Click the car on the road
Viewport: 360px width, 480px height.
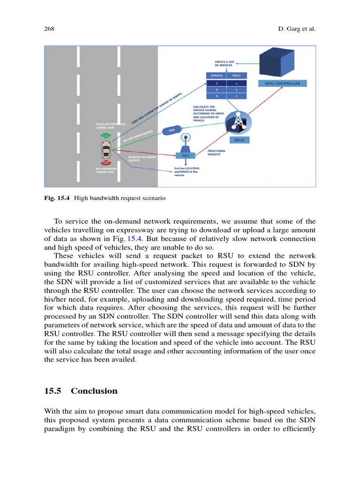click(x=106, y=151)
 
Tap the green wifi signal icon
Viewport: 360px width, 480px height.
click(x=106, y=136)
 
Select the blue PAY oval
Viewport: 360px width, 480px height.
click(x=172, y=131)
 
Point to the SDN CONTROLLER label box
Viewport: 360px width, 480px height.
click(x=283, y=83)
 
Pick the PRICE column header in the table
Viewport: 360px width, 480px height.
click(x=236, y=75)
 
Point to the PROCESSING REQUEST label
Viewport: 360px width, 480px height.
click(x=217, y=152)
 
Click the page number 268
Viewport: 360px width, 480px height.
click(x=49, y=29)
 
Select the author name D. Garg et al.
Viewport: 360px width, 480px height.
click(x=297, y=29)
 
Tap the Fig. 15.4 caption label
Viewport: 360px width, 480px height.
click(x=57, y=198)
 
